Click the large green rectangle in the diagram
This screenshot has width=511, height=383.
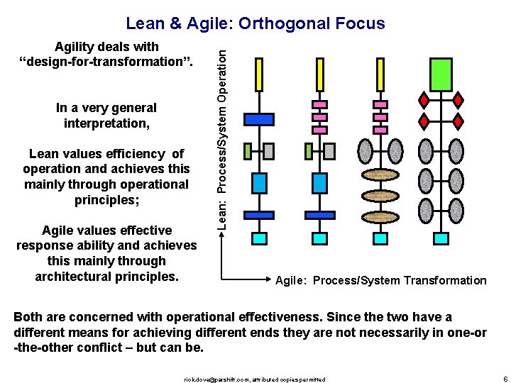pyautogui.click(x=441, y=74)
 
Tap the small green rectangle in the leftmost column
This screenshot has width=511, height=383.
pyautogui.click(x=248, y=150)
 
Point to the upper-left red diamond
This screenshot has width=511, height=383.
pyautogui.click(x=424, y=99)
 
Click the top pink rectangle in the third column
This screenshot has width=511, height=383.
pyautogui.click(x=380, y=104)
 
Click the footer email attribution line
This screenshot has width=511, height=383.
pyautogui.click(x=255, y=379)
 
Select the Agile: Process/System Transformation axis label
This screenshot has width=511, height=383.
pyautogui.click(x=381, y=280)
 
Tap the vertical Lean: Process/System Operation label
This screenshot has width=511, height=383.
pyautogui.click(x=222, y=132)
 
